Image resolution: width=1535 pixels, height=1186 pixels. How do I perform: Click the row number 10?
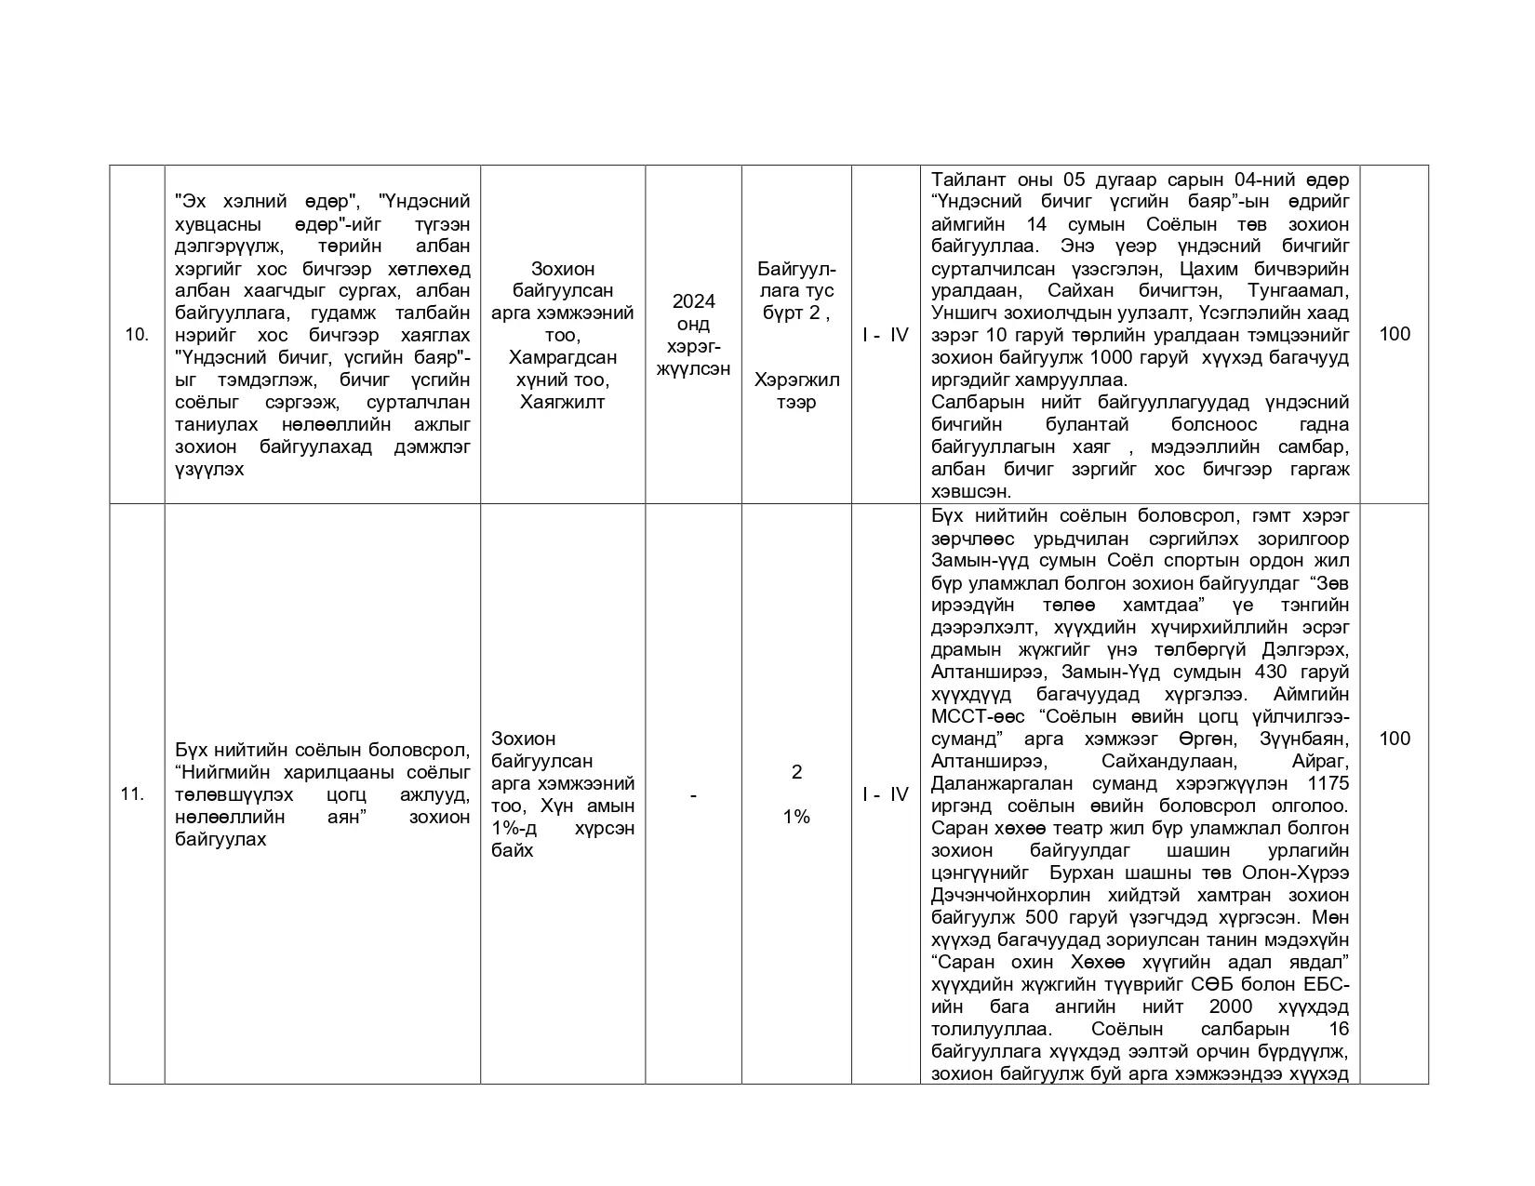[136, 335]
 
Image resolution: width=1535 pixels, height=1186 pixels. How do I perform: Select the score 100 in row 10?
[1394, 334]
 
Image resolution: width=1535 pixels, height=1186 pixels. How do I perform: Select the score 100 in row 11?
[1394, 739]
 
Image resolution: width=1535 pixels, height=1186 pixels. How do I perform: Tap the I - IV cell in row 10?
[885, 335]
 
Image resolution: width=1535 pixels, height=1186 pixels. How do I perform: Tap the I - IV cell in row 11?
[885, 794]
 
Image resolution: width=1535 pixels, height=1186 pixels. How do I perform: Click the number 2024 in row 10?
[693, 301]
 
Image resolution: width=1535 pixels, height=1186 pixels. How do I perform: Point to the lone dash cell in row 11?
[693, 794]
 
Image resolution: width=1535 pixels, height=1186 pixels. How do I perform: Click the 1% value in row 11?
[796, 817]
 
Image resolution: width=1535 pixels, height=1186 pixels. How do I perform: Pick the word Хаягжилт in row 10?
[562, 402]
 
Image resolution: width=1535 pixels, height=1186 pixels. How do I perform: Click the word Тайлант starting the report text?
[968, 180]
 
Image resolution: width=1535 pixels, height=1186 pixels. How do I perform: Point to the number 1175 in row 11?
[1328, 783]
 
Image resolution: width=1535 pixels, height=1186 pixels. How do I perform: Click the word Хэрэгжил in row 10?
[796, 380]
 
